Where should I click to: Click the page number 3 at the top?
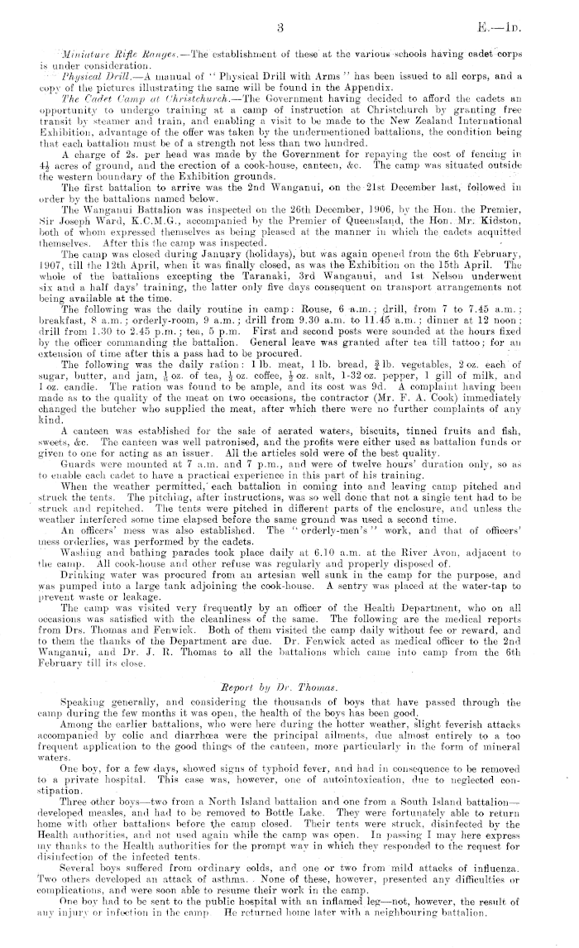point(282,26)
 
